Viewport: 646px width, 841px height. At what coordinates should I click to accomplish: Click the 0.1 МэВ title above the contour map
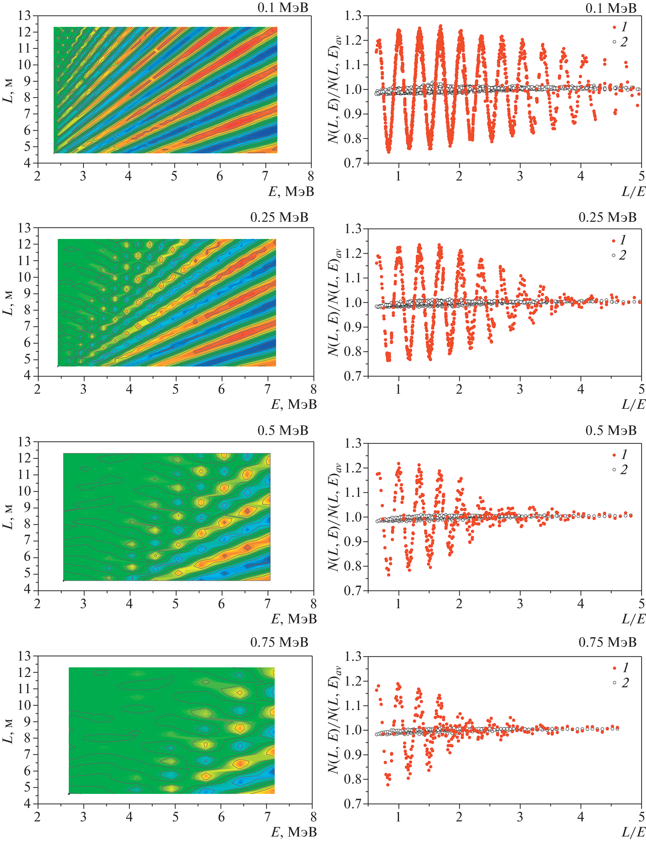tap(283, 8)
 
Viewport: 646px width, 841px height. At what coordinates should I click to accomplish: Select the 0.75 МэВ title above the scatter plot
tap(607, 642)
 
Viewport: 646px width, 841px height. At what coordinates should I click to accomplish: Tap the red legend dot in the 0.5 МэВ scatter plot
tap(614, 455)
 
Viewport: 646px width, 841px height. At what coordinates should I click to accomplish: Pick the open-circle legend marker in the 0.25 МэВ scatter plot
tap(614, 255)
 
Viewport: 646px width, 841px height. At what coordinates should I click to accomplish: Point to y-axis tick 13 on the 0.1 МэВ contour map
tap(24, 16)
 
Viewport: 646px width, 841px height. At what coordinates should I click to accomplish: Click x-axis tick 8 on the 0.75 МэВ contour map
tap(314, 816)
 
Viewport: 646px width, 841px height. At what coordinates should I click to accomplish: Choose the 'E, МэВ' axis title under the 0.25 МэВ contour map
tap(294, 404)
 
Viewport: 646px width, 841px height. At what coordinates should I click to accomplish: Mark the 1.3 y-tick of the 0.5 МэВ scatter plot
tap(353, 443)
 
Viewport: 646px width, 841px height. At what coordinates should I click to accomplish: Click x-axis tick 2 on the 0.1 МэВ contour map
tap(37, 176)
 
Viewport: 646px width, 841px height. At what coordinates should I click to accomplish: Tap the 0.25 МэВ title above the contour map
tap(279, 217)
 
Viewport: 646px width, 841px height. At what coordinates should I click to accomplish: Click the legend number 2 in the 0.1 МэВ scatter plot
tap(624, 42)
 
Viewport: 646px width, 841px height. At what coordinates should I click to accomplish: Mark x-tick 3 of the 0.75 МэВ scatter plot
tap(520, 816)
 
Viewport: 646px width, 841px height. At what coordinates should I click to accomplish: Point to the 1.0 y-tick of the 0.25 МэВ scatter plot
tap(353, 302)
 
